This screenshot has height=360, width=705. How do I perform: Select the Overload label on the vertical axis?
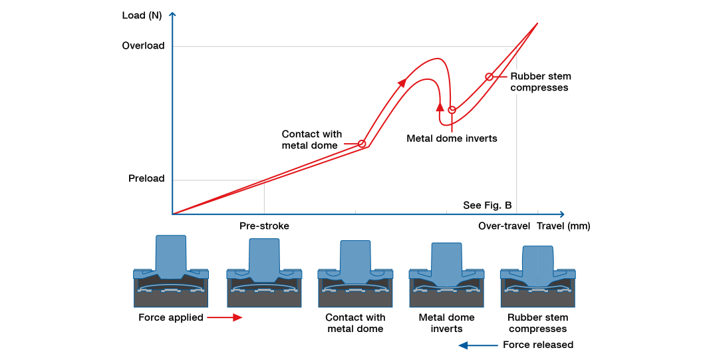[143, 46]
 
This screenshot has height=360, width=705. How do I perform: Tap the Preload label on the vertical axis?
[146, 179]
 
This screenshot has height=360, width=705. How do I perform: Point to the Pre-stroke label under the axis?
[264, 226]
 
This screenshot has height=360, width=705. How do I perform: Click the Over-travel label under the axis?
[504, 226]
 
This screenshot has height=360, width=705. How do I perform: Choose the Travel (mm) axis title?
[563, 226]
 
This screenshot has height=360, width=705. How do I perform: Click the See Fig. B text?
[487, 205]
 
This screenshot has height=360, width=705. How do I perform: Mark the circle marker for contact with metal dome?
[362, 144]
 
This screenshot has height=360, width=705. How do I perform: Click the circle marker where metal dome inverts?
[452, 110]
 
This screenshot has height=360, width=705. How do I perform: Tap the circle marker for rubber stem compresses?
[489, 77]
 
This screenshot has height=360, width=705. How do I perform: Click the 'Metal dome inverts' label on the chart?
[452, 139]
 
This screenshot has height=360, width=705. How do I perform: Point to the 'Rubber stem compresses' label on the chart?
[540, 82]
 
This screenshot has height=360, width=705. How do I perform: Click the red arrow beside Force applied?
[224, 318]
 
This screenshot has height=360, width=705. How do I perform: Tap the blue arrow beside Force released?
[478, 345]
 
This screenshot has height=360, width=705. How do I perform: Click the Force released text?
[537, 345]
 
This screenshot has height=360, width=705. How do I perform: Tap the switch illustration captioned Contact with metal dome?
[355, 273]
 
